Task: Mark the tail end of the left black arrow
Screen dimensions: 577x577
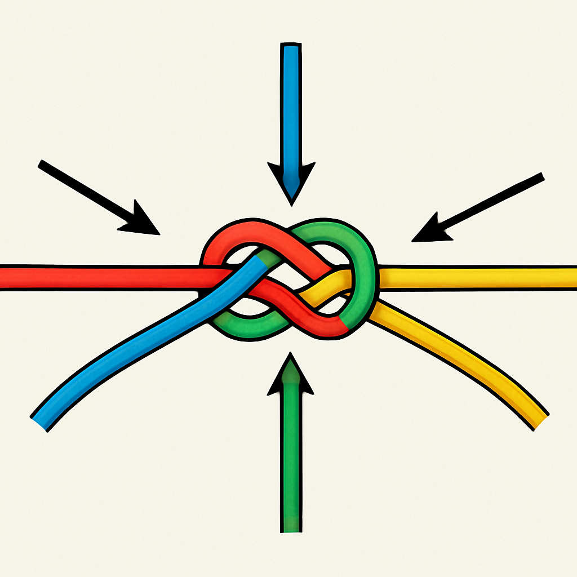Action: tap(42, 165)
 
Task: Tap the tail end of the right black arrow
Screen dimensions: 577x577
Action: tap(541, 177)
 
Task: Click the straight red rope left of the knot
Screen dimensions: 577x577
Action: tap(101, 277)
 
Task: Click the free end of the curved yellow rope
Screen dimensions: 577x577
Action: tap(540, 421)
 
